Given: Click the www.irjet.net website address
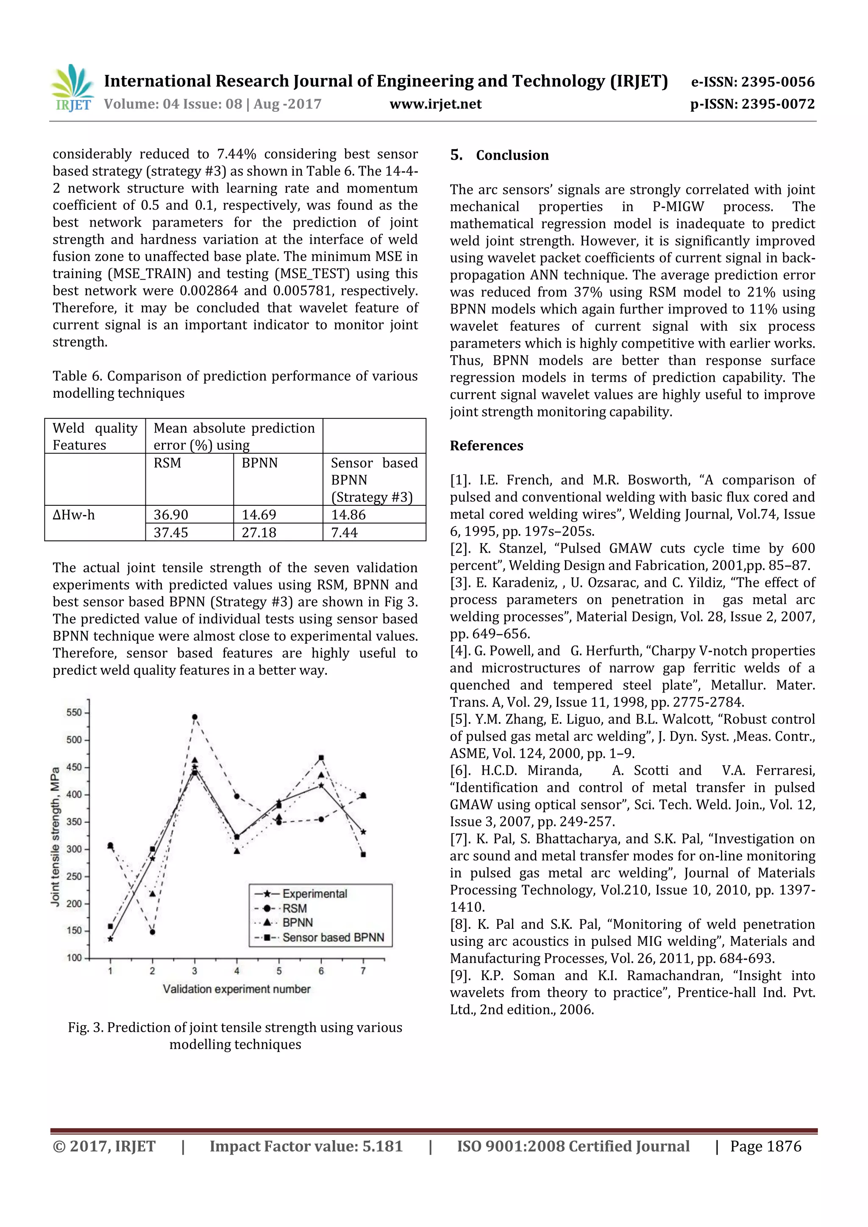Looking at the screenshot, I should tap(435, 104).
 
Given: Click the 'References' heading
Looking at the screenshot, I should tap(486, 446).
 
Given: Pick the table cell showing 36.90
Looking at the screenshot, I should tap(171, 515).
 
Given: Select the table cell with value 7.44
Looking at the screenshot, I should tap(345, 532).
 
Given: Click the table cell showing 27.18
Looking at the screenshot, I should tap(259, 532).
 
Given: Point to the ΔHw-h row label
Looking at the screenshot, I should tap(74, 515).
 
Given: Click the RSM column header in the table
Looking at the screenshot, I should tap(167, 463).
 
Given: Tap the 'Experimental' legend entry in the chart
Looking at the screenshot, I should tap(314, 894).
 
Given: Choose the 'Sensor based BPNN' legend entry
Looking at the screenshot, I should tap(333, 937).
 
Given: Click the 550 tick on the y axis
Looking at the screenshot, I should tap(74, 712).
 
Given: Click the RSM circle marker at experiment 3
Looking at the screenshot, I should tap(195, 717).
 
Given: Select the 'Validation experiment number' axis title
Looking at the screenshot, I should tap(236, 989).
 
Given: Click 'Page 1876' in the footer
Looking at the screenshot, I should tap(765, 1146).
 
